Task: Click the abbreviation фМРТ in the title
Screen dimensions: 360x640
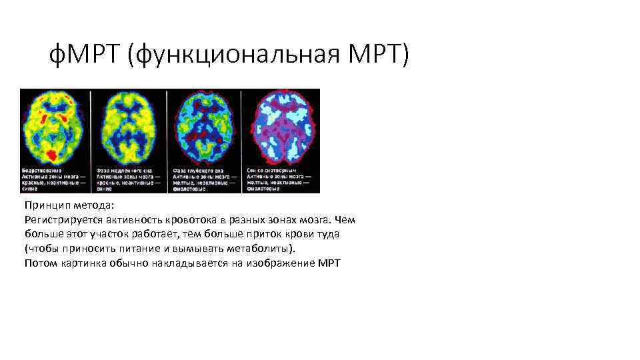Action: pyautogui.click(x=85, y=57)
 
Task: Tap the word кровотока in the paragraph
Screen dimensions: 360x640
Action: pyautogui.click(x=185, y=220)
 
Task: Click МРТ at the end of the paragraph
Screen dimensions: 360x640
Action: pyautogui.click(x=328, y=263)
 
